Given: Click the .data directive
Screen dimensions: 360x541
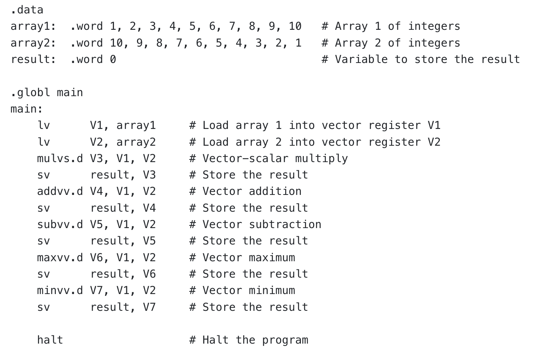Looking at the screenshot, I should pyautogui.click(x=27, y=10).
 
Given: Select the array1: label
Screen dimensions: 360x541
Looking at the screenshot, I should pyautogui.click(x=33, y=26).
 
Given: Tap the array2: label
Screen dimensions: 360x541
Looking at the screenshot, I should pyautogui.click(x=33, y=43).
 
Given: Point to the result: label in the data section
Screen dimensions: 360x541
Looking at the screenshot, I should pyautogui.click(x=33, y=59).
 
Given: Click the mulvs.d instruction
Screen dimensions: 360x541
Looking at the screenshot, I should pyautogui.click(x=60, y=158).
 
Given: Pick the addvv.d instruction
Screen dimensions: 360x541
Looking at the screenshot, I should pyautogui.click(x=60, y=192).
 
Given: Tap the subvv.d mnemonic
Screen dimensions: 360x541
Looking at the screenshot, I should pyautogui.click(x=60, y=224).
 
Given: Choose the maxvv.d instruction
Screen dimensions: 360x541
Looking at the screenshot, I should pyautogui.click(x=60, y=258).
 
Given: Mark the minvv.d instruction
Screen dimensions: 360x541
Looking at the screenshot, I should pyautogui.click(x=60, y=290).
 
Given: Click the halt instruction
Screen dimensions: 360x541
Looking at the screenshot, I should pyautogui.click(x=50, y=340).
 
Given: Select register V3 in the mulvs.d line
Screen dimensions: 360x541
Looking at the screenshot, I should pyautogui.click(x=96, y=158).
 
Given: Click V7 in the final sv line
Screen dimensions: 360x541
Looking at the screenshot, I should pyautogui.click(x=149, y=307).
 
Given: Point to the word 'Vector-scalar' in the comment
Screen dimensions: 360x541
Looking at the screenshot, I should pyautogui.click(x=245, y=158).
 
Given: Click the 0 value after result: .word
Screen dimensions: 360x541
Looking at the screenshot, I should pyautogui.click(x=113, y=59).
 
